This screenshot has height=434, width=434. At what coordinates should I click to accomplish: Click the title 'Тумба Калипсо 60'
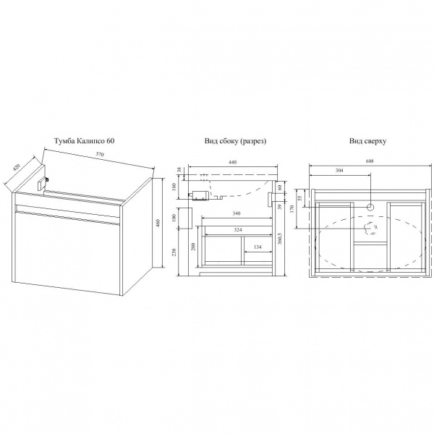(84, 141)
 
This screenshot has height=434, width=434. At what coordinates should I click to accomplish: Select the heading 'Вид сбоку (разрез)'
(236, 141)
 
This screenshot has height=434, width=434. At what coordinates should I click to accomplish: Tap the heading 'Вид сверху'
(367, 141)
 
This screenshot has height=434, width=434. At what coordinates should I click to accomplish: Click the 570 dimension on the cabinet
(100, 155)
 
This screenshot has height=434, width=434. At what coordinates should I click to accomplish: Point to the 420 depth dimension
(17, 168)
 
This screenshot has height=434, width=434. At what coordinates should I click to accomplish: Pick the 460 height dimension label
(158, 223)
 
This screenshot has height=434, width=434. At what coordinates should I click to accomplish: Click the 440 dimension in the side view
(233, 162)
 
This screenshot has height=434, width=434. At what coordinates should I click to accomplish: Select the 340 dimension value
(237, 213)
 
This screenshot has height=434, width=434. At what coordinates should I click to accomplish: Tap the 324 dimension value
(238, 230)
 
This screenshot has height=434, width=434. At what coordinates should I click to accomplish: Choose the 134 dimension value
(258, 247)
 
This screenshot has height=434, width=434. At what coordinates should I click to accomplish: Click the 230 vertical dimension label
(174, 252)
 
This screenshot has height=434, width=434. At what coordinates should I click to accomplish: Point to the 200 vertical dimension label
(193, 247)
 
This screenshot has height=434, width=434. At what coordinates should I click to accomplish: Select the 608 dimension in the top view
(370, 161)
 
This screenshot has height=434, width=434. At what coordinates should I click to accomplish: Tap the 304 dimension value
(339, 170)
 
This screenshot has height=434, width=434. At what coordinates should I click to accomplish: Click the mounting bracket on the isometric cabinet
(43, 184)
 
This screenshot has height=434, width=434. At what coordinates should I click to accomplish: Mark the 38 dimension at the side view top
(179, 170)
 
